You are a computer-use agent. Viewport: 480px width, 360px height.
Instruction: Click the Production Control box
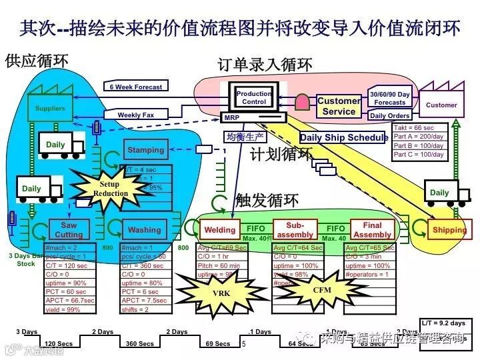[x=253, y=98]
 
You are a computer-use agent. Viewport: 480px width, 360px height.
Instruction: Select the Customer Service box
[x=339, y=107]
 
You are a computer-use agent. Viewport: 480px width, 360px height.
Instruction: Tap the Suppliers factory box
[x=50, y=108]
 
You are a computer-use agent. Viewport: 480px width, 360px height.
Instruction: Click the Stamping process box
[x=145, y=150]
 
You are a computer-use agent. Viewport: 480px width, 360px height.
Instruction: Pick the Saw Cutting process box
[x=69, y=230]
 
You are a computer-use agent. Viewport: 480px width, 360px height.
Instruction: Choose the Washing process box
[x=144, y=230]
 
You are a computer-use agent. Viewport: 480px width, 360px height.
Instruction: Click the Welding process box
[x=219, y=230]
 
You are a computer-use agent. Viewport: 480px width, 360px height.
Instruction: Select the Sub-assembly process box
[x=295, y=230]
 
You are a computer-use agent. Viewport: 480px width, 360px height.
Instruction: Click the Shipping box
[x=449, y=230]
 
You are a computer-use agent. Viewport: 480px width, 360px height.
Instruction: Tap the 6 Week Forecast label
[x=135, y=87]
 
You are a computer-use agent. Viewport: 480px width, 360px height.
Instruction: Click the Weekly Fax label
[x=135, y=115]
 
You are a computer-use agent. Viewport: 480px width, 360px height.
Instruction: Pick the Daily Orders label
[x=389, y=116]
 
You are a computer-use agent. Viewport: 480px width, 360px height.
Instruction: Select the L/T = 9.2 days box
[x=443, y=323]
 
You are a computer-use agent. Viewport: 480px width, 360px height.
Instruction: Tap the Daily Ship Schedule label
[x=343, y=138]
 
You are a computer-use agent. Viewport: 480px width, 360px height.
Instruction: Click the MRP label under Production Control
[x=231, y=117]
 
